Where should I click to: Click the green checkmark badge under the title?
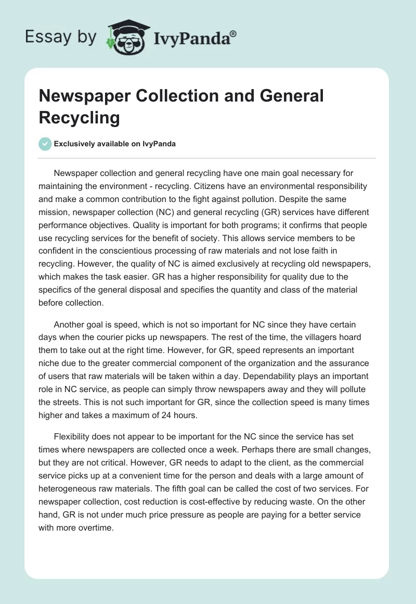45,144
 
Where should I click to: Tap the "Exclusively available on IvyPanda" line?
115,144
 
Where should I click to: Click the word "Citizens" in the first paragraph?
272,186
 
